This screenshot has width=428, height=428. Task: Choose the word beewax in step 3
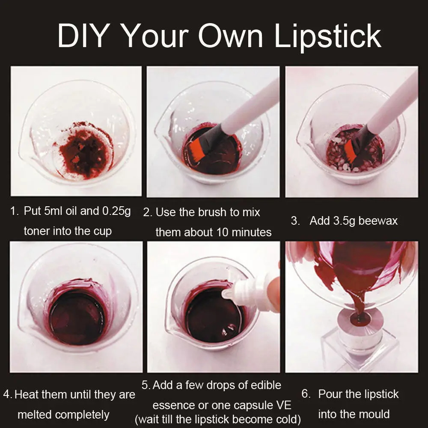click(378, 220)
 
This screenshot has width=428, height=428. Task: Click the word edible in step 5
click(266, 385)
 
